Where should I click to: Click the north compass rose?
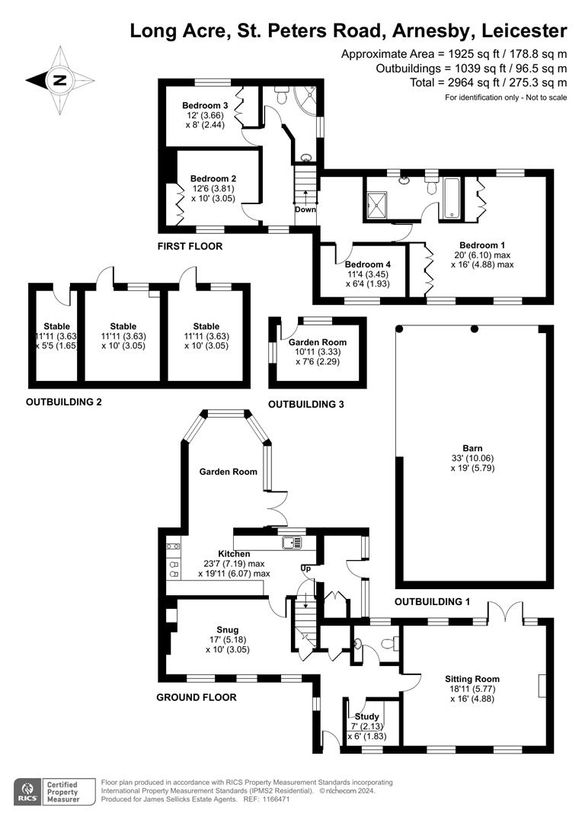pos(60,79)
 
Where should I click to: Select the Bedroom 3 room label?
pos(205,105)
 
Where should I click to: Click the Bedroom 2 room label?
pos(213,179)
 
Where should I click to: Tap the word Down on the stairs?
pos(305,210)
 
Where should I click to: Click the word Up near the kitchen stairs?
pos(306,568)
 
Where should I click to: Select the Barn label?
pos(472,448)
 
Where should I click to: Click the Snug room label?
pos(228,629)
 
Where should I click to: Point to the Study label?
pos(367,716)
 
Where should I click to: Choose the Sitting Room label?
pos(472,678)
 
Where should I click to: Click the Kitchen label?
pos(234,553)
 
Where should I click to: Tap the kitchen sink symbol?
pos(290,543)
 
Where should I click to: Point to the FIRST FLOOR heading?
pos(190,246)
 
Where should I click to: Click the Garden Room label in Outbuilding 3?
pos(317,343)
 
